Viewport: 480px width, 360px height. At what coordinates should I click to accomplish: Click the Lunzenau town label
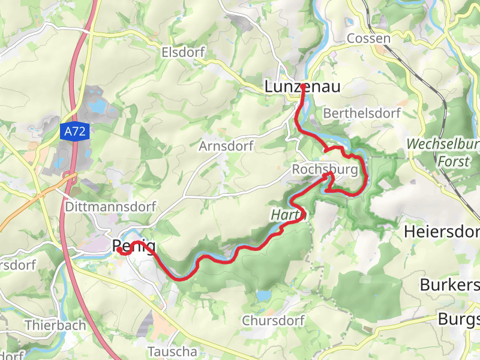click(302, 87)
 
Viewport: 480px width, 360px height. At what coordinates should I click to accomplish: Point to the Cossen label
click(368, 38)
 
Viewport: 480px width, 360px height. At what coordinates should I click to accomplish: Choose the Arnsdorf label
click(226, 146)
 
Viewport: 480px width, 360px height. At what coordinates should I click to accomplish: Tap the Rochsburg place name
click(329, 170)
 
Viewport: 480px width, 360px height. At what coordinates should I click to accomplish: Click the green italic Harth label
click(284, 214)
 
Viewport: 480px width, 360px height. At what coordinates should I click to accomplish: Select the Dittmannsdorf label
click(110, 206)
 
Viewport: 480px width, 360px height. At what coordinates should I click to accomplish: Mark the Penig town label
click(134, 246)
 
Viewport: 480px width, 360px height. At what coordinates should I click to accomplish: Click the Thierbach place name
click(55, 325)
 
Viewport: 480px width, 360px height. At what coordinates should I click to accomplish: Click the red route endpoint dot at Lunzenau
click(302, 87)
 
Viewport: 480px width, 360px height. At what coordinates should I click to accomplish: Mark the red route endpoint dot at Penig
click(119, 249)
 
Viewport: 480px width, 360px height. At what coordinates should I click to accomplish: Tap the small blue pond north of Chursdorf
click(263, 296)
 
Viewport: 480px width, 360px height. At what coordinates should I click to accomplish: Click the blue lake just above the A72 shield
click(95, 107)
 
